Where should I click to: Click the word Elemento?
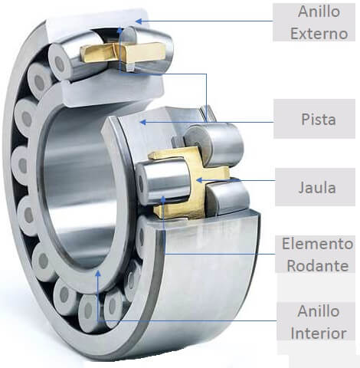[x=317, y=245]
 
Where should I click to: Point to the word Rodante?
[x=317, y=265]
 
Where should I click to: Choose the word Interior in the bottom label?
[x=317, y=333]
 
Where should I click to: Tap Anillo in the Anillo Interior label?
[x=317, y=313]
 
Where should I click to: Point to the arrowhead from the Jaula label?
[x=198, y=181]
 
